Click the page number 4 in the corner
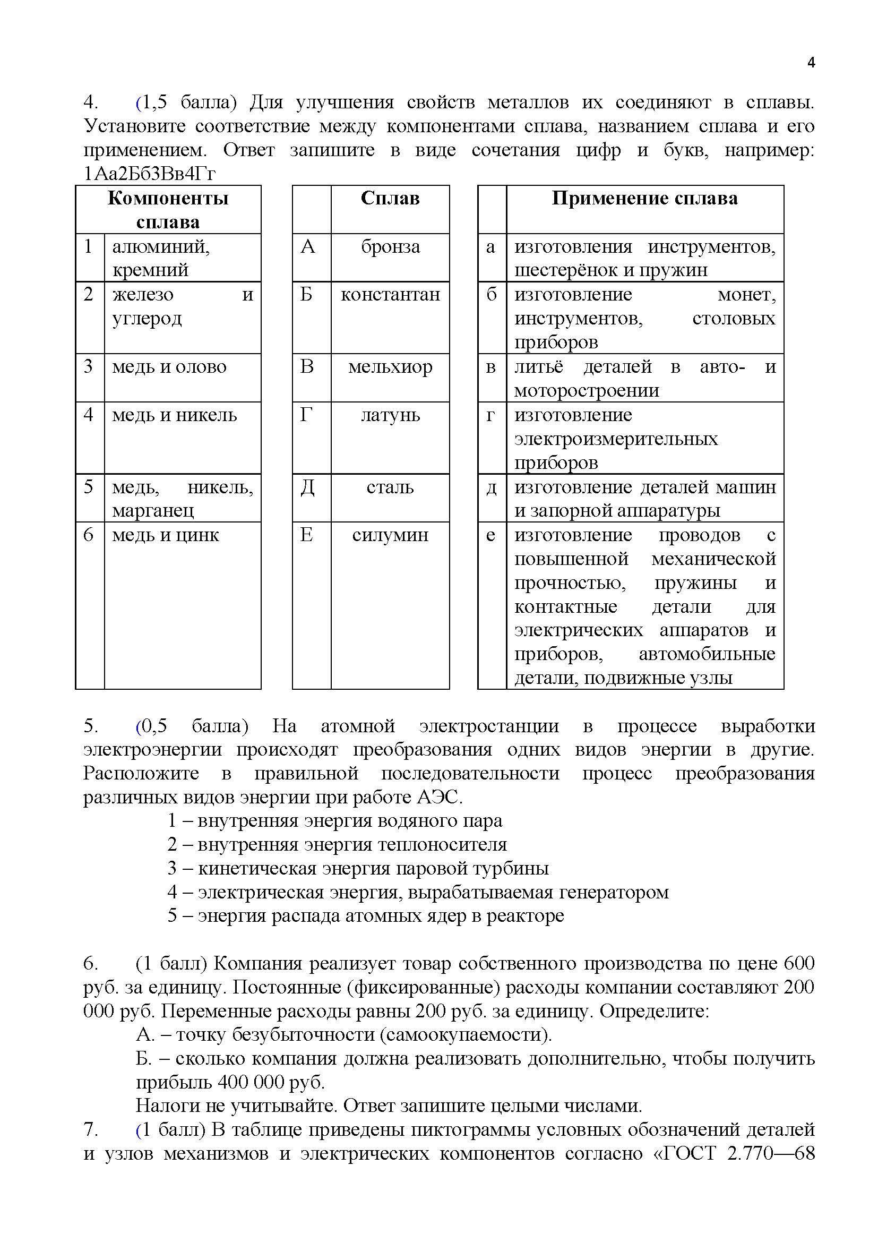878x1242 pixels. click(811, 63)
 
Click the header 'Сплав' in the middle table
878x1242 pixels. click(390, 199)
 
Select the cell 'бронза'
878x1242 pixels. click(390, 247)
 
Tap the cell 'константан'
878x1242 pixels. click(390, 295)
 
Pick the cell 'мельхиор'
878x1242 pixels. click(390, 367)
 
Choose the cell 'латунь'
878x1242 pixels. click(390, 415)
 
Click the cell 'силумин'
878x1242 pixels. click(390, 535)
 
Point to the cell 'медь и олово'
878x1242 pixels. click(169, 367)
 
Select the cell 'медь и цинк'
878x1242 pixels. click(166, 535)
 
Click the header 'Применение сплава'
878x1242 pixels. click(644, 199)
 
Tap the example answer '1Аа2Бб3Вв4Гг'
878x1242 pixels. click(150, 174)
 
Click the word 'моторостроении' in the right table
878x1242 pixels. click(587, 391)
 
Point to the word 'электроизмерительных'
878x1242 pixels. click(616, 439)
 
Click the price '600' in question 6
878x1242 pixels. click(798, 963)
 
